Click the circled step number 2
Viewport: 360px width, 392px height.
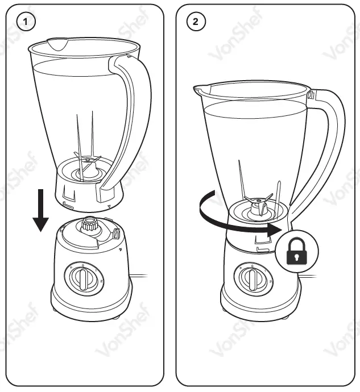tap(196, 22)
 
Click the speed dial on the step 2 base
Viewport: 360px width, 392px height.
tap(252, 279)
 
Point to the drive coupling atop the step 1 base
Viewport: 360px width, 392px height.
tap(89, 224)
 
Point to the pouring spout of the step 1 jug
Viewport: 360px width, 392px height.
tap(55, 43)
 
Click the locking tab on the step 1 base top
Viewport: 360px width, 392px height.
tap(115, 233)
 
